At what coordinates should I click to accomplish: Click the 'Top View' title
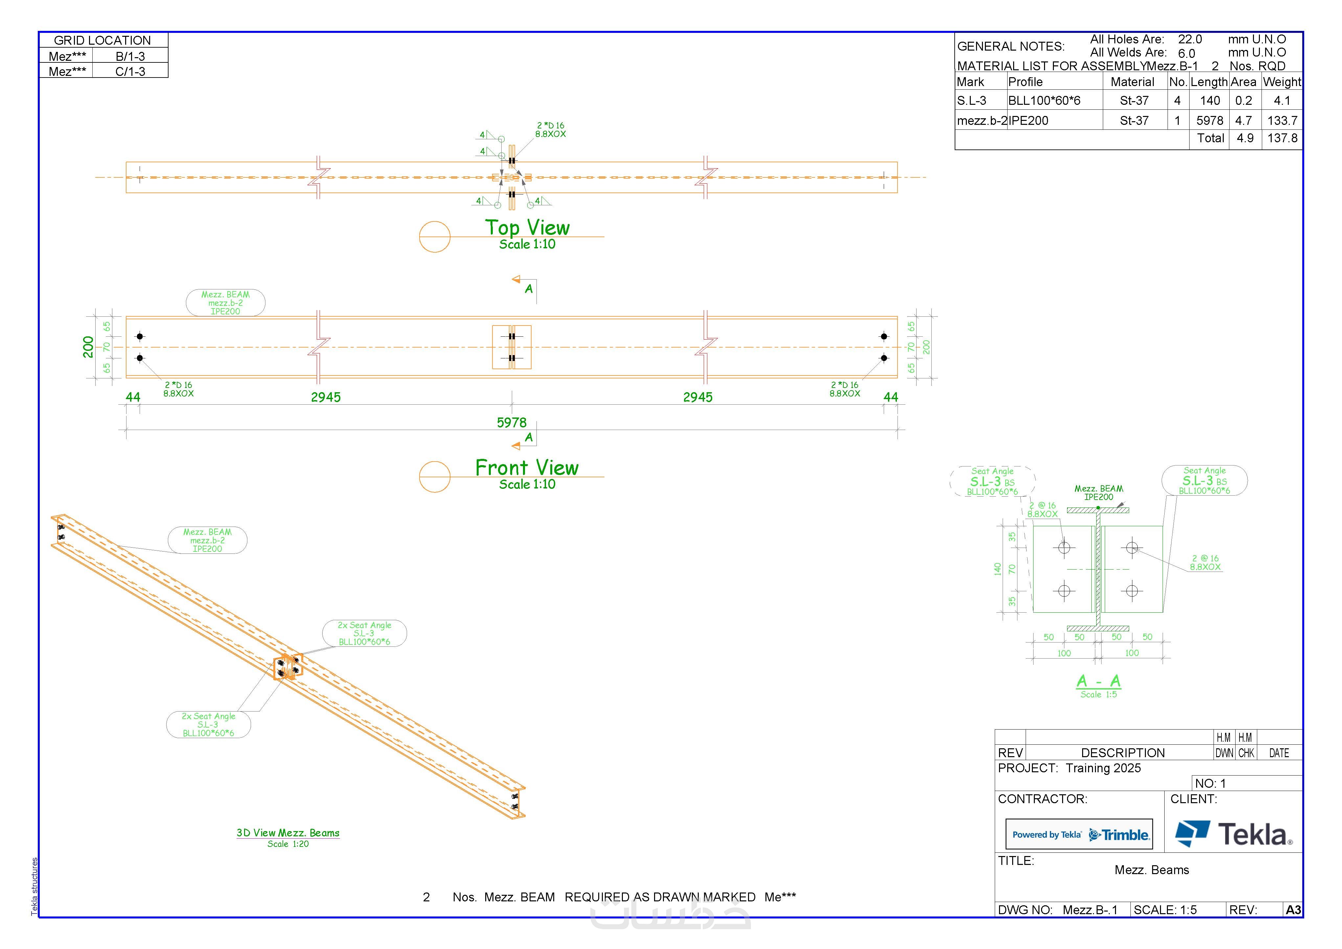pos(527,227)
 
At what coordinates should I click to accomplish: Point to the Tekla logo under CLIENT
pos(1233,834)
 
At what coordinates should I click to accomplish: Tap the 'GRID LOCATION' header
pos(102,40)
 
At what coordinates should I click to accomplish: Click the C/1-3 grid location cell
pos(130,71)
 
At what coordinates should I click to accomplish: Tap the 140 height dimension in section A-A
pos(997,569)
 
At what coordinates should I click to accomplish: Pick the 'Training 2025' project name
pos(1103,768)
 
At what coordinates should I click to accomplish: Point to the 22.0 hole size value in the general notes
pos(1190,39)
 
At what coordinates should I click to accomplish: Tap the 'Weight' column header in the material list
pos(1282,82)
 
